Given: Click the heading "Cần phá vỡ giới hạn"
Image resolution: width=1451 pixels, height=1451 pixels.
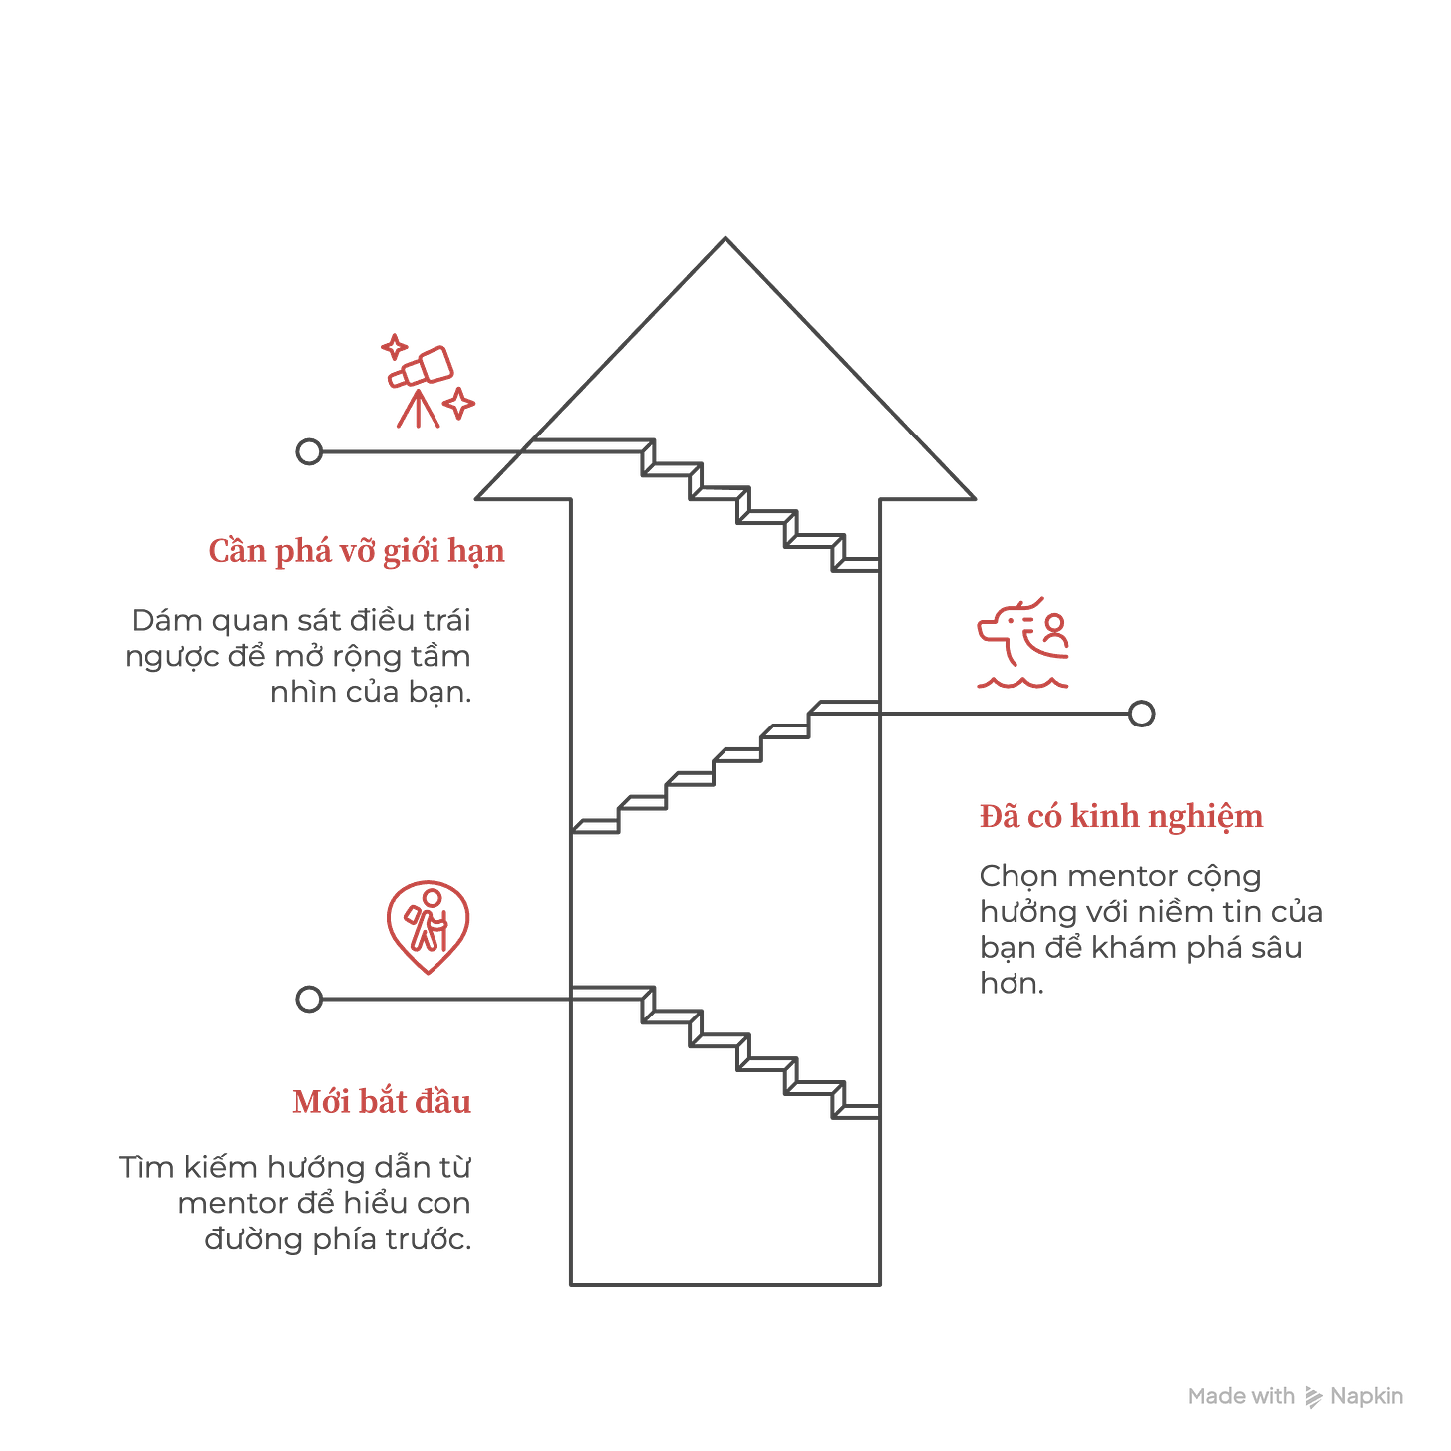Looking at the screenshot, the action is click(x=357, y=551).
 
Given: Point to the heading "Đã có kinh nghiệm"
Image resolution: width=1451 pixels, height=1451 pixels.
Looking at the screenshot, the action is click(x=1120, y=816).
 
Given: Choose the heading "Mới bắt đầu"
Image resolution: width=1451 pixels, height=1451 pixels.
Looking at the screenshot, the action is click(x=381, y=1102).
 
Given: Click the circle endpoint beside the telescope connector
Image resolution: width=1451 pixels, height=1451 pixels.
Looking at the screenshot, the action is click(x=310, y=451).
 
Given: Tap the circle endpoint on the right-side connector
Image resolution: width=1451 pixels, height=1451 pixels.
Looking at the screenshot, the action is click(x=1141, y=714).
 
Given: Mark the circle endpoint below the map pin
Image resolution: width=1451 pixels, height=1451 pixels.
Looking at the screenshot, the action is click(x=310, y=998).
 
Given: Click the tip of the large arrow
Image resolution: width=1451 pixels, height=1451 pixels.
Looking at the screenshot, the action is click(x=725, y=237).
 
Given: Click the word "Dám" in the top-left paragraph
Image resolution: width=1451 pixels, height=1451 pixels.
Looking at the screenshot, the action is click(x=165, y=621).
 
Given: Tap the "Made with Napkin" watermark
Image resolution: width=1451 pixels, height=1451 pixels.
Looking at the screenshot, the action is click(x=1295, y=1396).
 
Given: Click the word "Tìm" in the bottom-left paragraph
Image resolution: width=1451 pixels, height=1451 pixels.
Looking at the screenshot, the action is click(x=146, y=1167).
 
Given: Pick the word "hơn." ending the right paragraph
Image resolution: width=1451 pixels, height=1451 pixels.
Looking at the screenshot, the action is click(x=1011, y=984).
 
